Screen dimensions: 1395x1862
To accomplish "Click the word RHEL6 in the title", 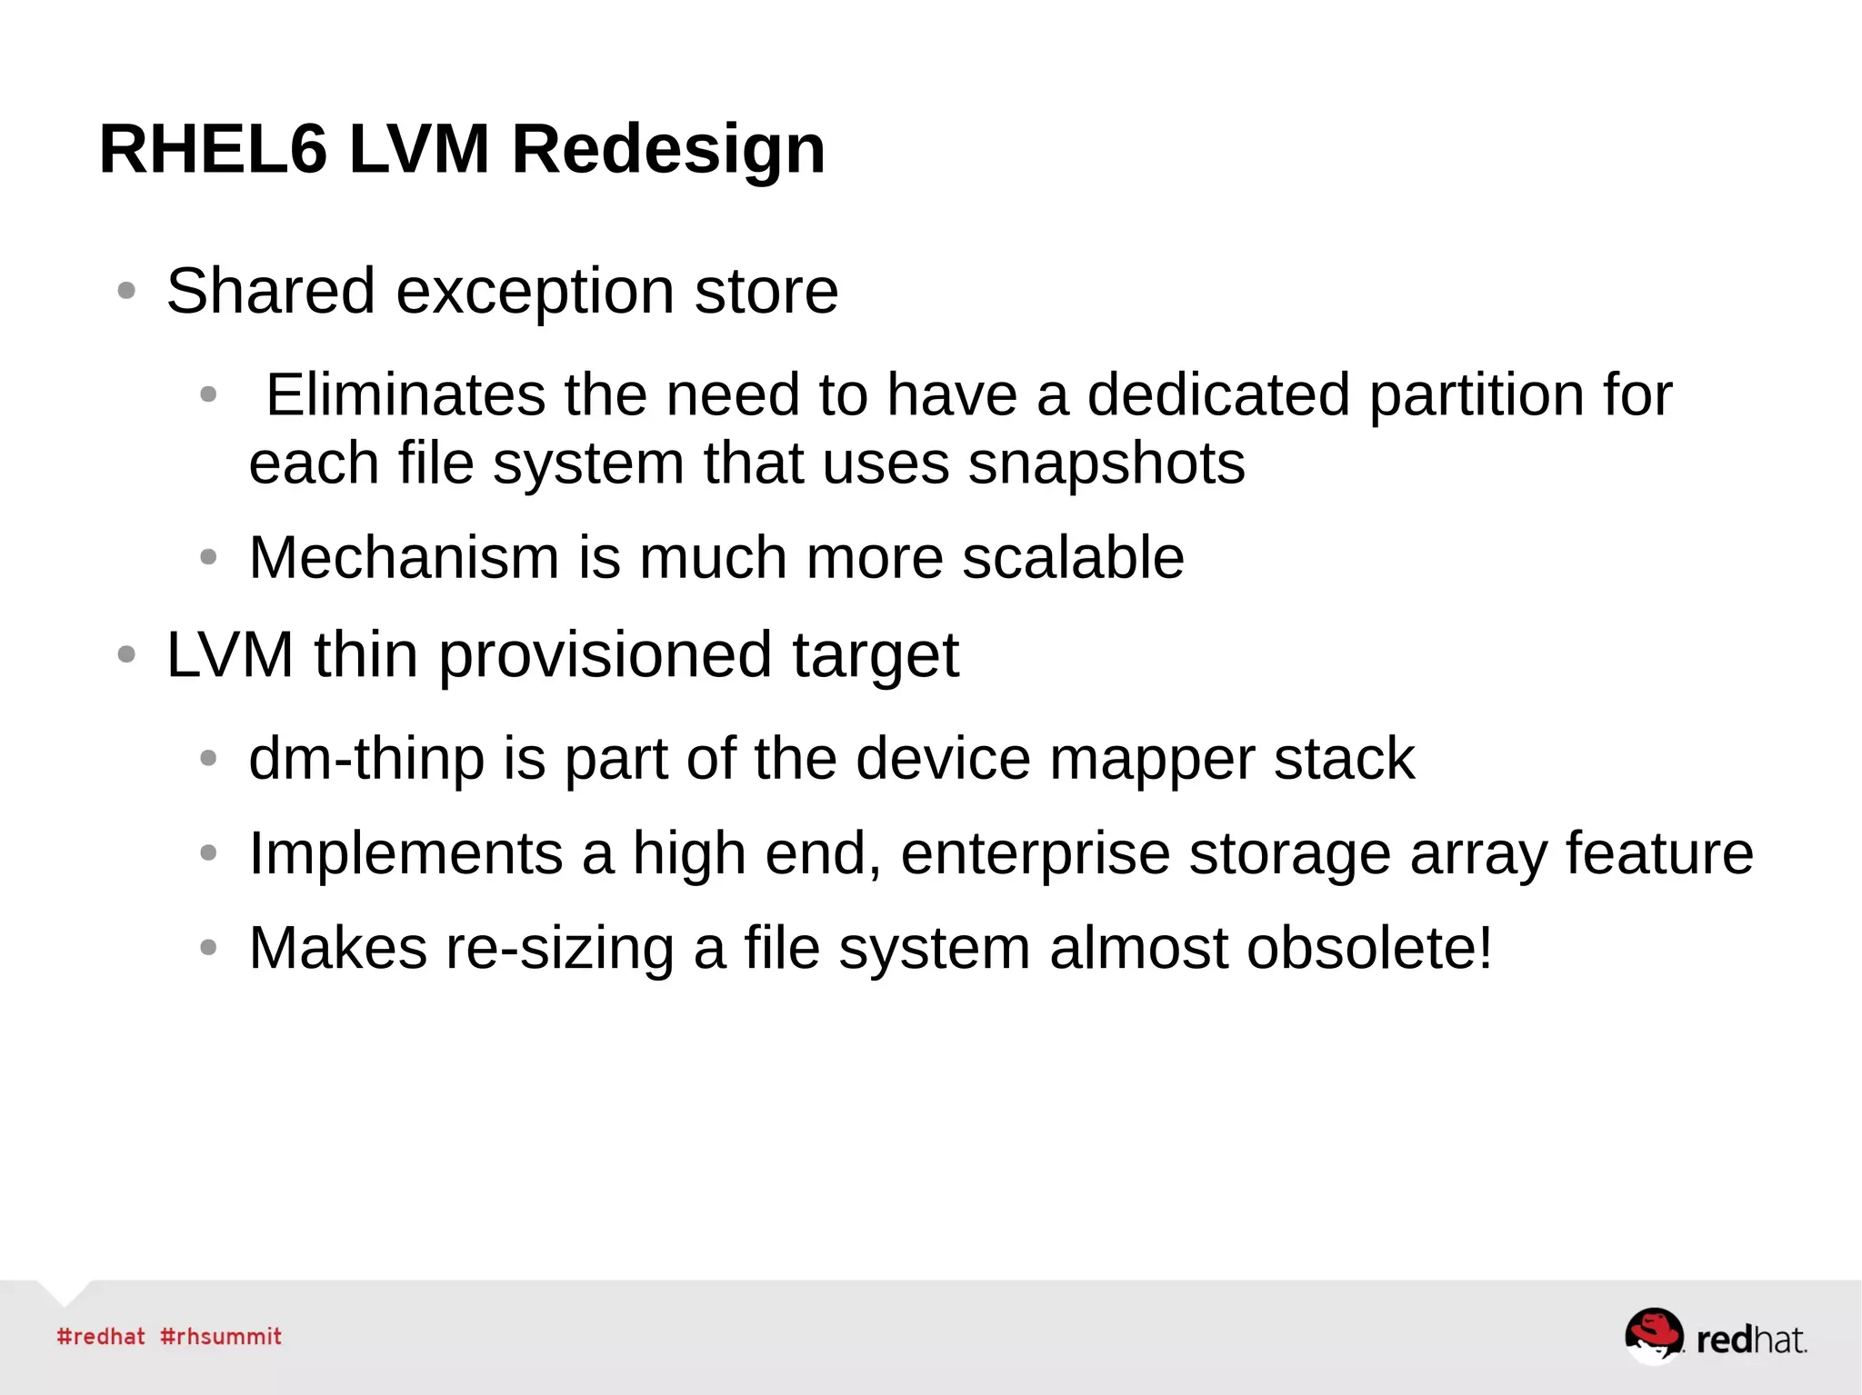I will pos(213,149).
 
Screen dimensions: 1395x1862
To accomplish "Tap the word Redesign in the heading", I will pos(668,149).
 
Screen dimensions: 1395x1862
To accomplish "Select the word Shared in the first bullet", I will pos(270,291).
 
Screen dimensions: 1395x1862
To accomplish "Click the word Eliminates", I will pos(405,394).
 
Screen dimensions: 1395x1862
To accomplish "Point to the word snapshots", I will pos(1106,463).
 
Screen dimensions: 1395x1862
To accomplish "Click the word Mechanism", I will pos(404,557).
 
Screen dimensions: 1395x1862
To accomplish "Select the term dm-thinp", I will pos(366,759).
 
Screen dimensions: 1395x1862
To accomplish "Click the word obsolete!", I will pos(1369,948).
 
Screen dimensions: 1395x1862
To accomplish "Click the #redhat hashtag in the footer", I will pos(101,1337).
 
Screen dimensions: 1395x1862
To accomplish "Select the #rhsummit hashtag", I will pos(221,1337).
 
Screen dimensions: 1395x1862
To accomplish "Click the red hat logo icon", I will pos(1653,1335).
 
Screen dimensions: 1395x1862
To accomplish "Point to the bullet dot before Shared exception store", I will pos(126,291).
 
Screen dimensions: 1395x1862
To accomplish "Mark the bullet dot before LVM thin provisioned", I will pos(126,654).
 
